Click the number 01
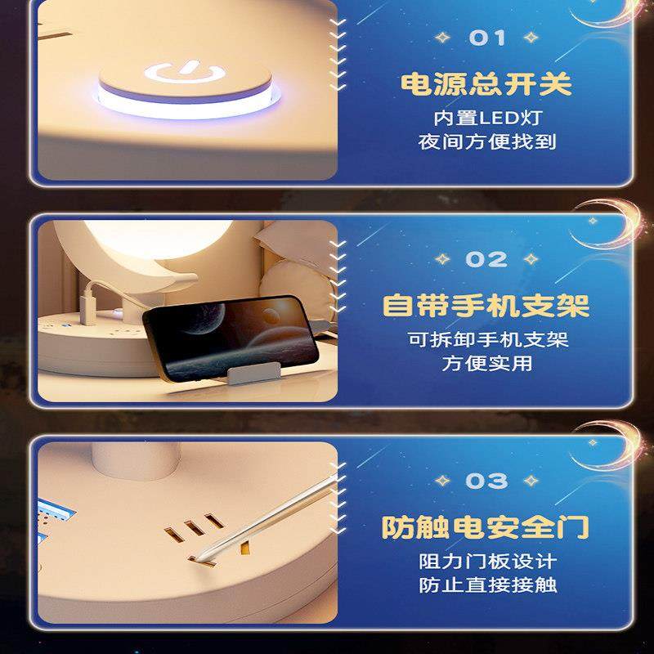(x=487, y=38)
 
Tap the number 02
(x=487, y=259)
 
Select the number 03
(x=487, y=481)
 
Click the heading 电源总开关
(x=486, y=85)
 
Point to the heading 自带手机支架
(x=486, y=307)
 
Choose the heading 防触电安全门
(x=486, y=527)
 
